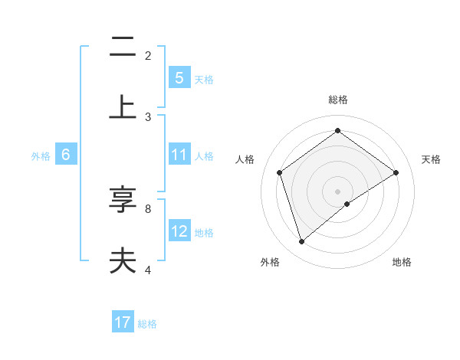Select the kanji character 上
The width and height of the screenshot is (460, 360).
(x=123, y=108)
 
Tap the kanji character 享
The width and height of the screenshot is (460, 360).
(x=123, y=201)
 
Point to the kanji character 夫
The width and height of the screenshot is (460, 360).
(x=123, y=261)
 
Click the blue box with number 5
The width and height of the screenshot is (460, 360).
(x=179, y=77)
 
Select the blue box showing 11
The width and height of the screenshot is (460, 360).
(x=179, y=155)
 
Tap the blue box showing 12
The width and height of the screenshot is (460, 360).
(x=179, y=231)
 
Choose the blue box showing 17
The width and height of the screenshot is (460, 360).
(x=123, y=322)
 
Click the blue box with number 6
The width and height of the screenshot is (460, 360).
(x=66, y=155)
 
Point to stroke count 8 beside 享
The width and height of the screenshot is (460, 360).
(x=148, y=208)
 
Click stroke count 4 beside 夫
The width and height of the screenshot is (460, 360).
(x=148, y=270)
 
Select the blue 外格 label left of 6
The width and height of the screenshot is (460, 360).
(x=41, y=155)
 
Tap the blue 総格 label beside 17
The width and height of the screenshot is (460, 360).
(x=147, y=323)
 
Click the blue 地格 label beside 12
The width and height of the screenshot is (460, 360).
(x=204, y=232)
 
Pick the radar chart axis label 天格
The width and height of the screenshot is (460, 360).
(x=431, y=159)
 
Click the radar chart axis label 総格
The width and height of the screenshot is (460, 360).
(x=337, y=100)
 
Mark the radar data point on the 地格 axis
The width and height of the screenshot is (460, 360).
(x=347, y=204)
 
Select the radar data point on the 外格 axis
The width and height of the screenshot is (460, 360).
(x=301, y=242)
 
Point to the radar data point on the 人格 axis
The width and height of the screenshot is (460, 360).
(x=280, y=172)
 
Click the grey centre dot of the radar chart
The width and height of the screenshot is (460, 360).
(x=337, y=191)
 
